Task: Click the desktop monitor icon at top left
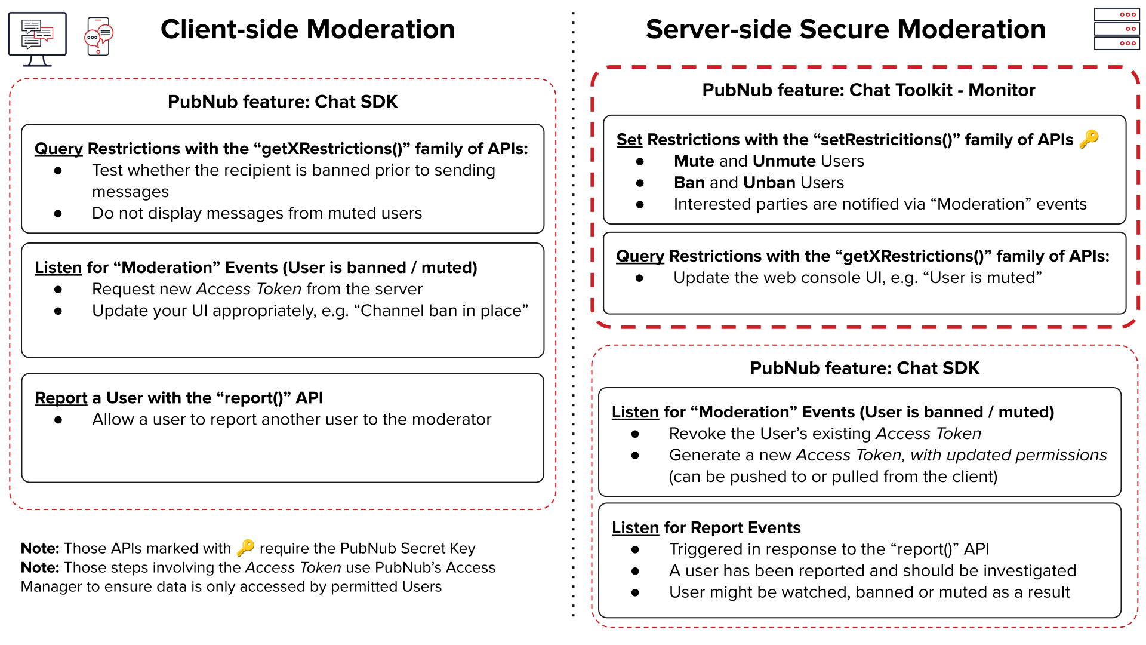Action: coord(37,38)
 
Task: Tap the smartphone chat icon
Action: coord(99,36)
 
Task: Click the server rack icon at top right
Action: coord(1116,29)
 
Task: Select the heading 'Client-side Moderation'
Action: coord(307,29)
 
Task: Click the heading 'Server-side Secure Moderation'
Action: coord(845,29)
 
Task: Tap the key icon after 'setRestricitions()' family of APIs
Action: coord(1089,139)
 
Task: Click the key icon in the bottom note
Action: coord(245,548)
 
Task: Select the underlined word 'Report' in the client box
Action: coord(61,398)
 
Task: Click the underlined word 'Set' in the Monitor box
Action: coord(629,140)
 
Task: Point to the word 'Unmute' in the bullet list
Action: coord(784,161)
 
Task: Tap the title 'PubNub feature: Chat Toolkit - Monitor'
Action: coord(868,90)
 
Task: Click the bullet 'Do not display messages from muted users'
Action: coord(257,213)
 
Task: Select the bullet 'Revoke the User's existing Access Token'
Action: coord(824,434)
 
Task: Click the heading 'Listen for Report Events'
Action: coord(706,528)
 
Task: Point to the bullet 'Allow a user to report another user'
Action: coord(291,420)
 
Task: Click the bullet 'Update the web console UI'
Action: coord(857,278)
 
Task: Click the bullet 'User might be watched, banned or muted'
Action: coord(869,592)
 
